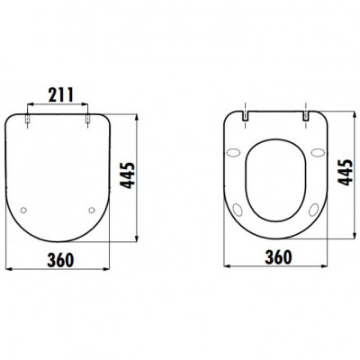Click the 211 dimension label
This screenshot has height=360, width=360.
point(61,94)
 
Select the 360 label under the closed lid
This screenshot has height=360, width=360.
point(60,260)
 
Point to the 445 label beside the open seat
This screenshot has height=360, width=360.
point(345,173)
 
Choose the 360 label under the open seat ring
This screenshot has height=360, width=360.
point(278,257)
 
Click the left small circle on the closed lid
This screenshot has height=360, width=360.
point(23,211)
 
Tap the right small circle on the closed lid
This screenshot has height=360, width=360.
point(92,211)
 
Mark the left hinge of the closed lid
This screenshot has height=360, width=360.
point(28,119)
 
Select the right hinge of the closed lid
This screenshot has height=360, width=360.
point(87,119)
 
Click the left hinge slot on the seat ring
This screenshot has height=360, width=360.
point(246,116)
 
